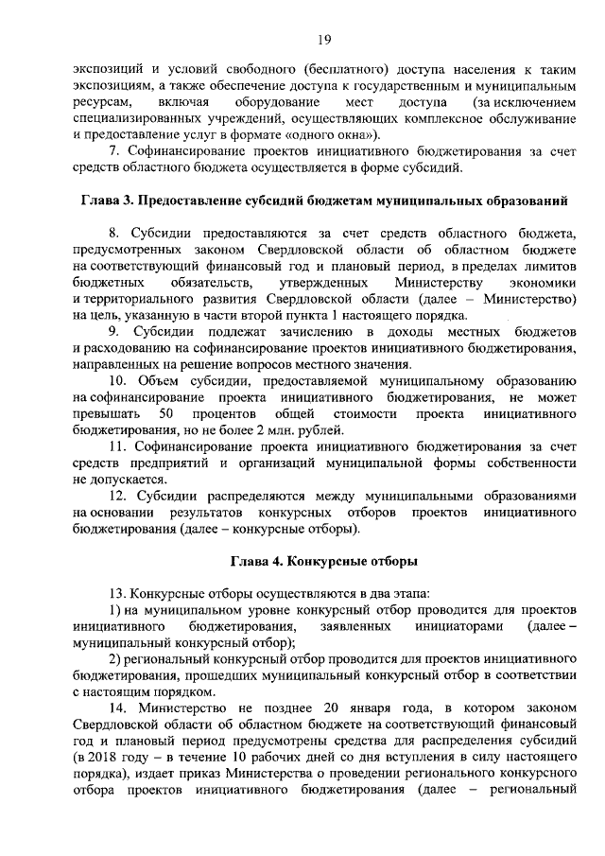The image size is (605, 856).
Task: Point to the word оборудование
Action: click(x=271, y=100)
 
